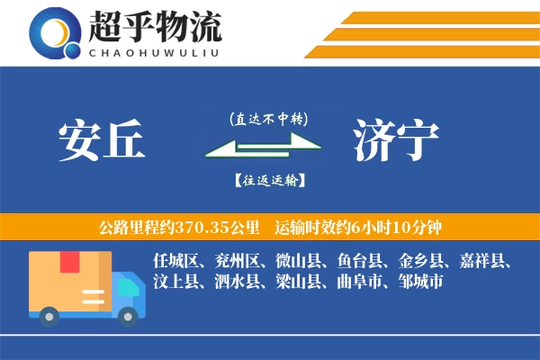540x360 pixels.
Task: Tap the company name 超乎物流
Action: tap(154, 27)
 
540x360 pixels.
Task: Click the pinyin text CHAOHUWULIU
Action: tap(154, 52)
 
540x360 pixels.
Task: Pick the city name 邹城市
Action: tap(412, 282)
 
